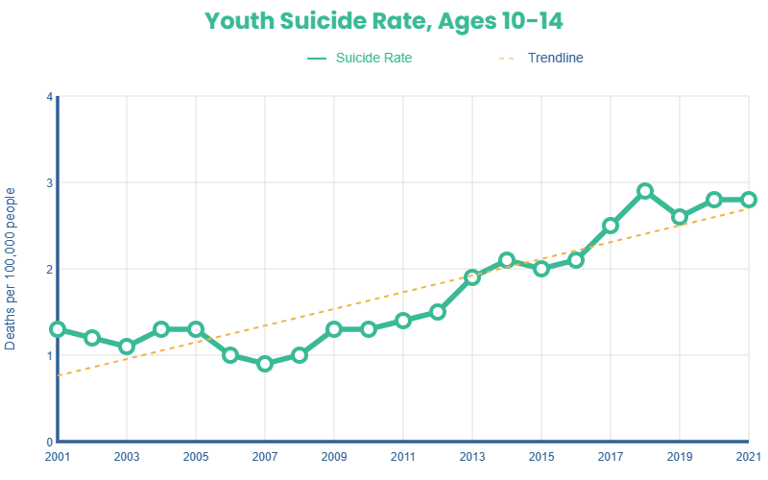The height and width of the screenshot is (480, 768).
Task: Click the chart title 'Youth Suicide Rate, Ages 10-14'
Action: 383,21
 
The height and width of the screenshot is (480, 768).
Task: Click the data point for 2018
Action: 645,191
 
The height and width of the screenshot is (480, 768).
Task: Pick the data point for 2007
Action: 265,364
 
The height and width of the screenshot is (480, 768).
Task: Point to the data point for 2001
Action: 58,329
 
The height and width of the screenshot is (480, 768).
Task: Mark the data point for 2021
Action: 749,200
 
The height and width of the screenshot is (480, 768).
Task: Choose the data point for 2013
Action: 472,277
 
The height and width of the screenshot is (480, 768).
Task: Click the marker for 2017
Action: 611,226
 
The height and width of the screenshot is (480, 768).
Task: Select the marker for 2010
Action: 369,329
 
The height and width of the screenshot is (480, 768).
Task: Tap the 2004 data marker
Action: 161,329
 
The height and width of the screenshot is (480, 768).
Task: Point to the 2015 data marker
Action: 541,269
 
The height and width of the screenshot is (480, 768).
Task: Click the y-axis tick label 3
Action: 49,182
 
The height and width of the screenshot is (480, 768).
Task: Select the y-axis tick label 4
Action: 49,96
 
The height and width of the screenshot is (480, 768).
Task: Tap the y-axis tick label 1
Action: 49,355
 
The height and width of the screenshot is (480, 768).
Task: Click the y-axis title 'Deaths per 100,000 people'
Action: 12,269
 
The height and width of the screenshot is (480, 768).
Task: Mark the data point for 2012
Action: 438,312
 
